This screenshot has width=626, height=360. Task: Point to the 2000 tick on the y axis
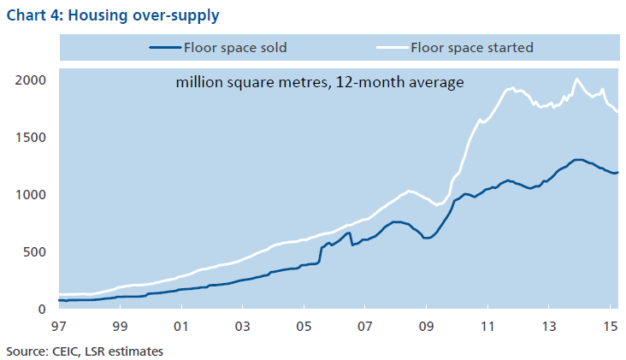[30, 80]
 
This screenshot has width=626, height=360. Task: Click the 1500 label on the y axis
[30, 138]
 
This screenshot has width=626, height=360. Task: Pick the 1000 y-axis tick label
[30, 195]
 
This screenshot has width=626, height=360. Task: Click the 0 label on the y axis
[40, 310]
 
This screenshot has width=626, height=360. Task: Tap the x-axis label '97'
[59, 327]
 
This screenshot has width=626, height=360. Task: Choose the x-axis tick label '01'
[181, 327]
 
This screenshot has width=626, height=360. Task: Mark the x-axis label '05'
[304, 327]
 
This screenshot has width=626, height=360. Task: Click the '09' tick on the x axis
[426, 327]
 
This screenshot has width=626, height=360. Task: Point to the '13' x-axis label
[548, 327]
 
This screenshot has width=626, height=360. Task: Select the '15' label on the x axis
[608, 327]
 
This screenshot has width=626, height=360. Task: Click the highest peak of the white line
[577, 80]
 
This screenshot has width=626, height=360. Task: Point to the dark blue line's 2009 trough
[425, 238]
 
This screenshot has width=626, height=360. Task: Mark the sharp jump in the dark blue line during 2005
[321, 255]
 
